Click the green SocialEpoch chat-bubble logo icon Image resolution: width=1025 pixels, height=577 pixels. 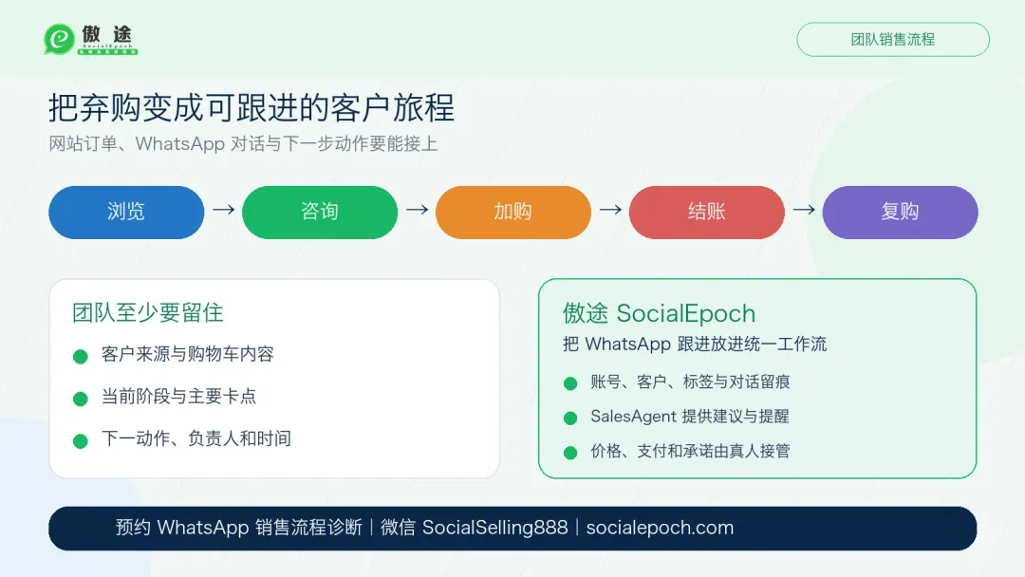tap(59, 39)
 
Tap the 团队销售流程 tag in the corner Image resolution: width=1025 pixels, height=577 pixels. tap(893, 39)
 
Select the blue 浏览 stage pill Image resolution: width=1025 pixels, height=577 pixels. tap(126, 213)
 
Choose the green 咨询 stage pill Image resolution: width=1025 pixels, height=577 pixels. tap(320, 213)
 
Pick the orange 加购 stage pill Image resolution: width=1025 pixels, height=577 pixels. tap(513, 213)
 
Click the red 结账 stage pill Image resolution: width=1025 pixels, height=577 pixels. tap(707, 213)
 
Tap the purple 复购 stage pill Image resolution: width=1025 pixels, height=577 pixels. tap(900, 213)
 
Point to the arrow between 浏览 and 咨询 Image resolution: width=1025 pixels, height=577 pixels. tap(224, 210)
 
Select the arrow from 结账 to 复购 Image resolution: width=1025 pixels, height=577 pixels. tap(804, 210)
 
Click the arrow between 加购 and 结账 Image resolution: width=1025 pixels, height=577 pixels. tap(610, 210)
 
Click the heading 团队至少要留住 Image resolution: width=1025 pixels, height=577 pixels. tap(148, 312)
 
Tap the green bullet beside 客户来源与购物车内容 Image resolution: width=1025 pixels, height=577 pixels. tap(81, 356)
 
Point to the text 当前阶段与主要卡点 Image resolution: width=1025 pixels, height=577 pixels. tap(178, 396)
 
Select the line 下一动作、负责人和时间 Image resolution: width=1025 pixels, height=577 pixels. tap(196, 438)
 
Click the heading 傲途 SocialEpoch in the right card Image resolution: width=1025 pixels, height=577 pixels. tap(659, 314)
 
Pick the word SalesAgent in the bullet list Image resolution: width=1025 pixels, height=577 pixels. tap(633, 417)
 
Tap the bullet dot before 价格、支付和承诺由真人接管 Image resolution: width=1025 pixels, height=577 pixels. tap(570, 452)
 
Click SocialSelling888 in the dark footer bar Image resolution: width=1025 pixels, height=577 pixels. tap(494, 528)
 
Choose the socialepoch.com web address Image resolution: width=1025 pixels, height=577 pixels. tap(660, 528)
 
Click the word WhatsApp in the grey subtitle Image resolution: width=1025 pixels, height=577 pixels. tap(179, 143)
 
